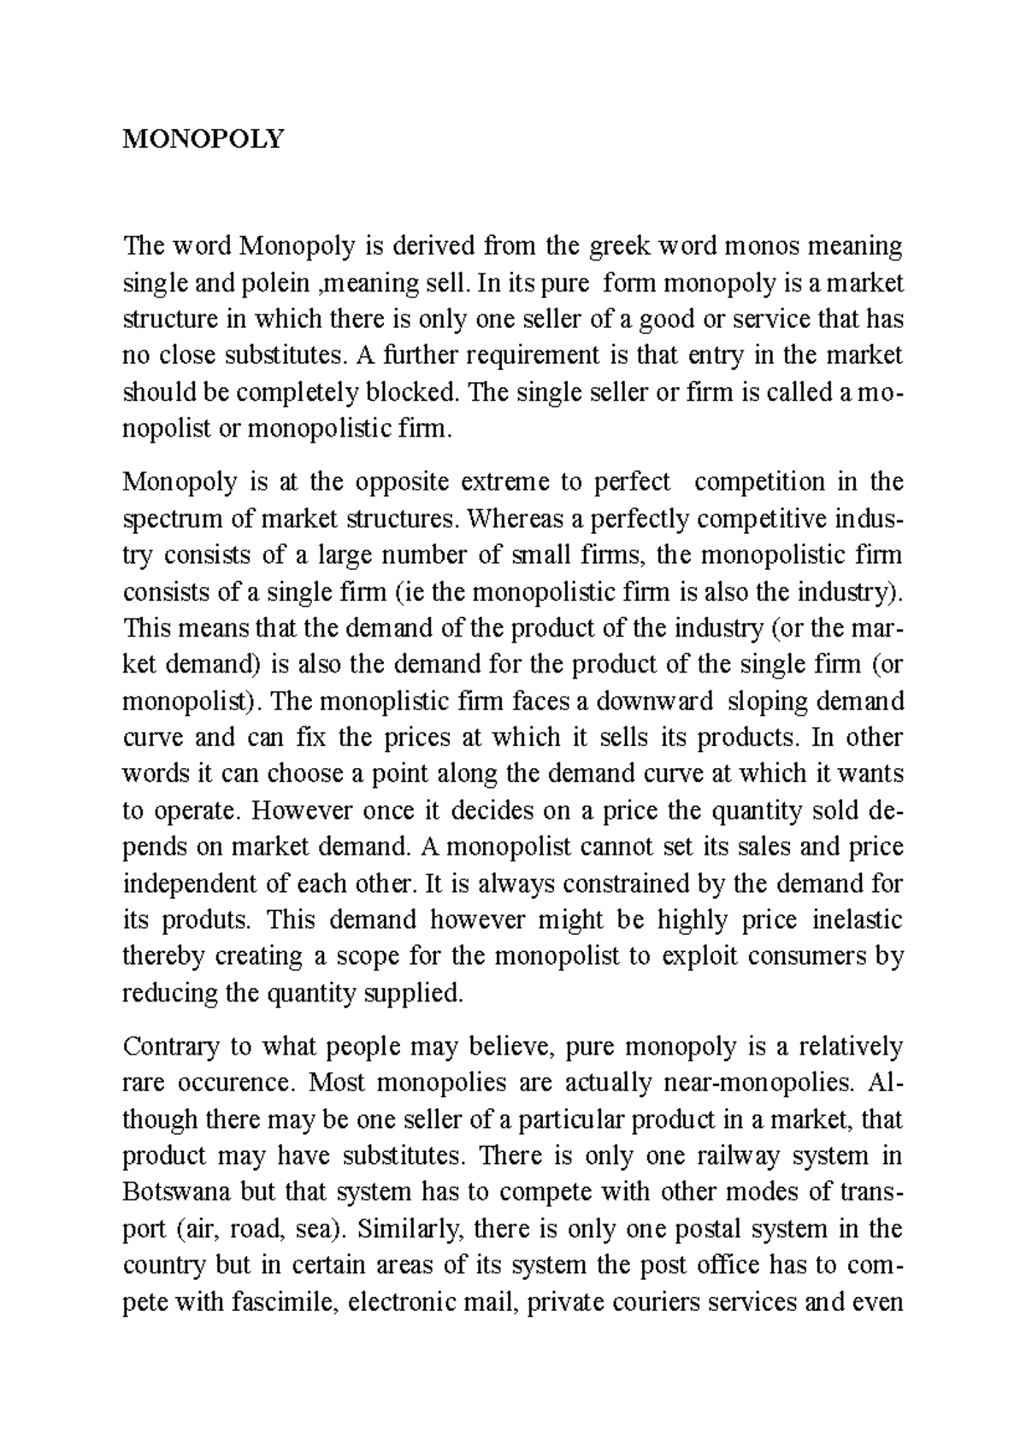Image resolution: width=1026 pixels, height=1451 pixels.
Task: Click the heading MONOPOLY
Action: pos(202,139)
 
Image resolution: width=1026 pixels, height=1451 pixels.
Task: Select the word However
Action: pos(303,810)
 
